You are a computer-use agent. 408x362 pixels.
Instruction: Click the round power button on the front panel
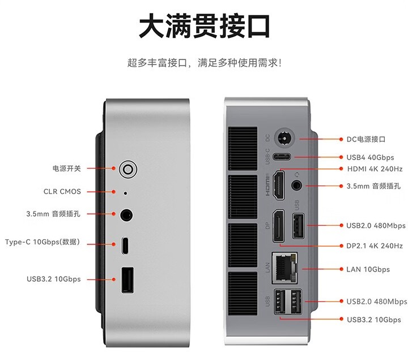tap(128, 169)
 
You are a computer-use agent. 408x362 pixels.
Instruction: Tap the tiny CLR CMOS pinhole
tap(125, 193)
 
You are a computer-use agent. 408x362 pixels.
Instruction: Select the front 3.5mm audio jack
tap(126, 215)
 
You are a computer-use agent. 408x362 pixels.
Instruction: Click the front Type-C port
tap(125, 245)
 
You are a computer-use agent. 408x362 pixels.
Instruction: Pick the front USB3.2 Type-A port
tap(127, 280)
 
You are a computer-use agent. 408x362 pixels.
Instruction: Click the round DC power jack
tap(284, 138)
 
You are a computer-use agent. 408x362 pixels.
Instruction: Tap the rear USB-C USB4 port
tap(282, 157)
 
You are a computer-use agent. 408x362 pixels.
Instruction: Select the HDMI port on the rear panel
tap(278, 185)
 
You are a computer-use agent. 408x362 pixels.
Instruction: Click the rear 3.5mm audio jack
tap(296, 186)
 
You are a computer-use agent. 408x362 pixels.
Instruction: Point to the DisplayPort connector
tap(278, 226)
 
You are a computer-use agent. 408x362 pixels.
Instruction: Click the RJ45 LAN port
tap(285, 268)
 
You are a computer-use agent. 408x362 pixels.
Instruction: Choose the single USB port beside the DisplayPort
tap(298, 226)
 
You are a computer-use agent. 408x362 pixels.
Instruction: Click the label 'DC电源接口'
tap(366, 140)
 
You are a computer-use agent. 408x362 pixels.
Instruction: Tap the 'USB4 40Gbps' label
tap(370, 157)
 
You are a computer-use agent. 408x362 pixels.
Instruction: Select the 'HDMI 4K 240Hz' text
tap(375, 169)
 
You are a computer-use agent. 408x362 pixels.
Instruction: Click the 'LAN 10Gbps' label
tap(368, 269)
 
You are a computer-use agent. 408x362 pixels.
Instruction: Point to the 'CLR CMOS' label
tap(62, 192)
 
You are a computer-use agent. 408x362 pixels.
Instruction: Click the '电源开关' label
tap(67, 169)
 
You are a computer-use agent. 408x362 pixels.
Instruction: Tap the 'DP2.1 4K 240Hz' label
tap(375, 246)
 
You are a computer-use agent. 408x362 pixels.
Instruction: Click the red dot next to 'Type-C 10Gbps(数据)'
tap(114, 244)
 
